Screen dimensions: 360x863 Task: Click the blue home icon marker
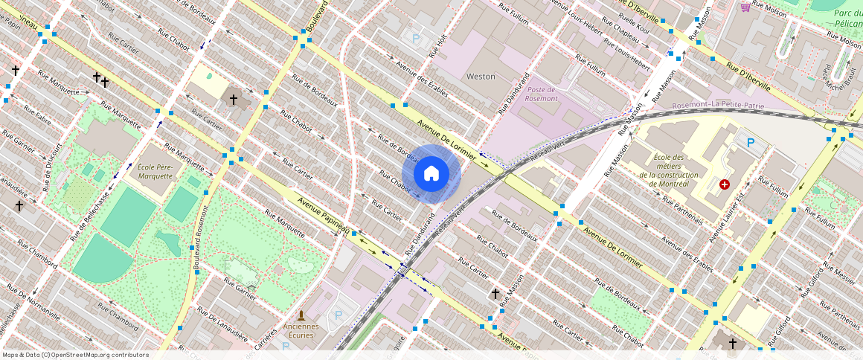(431, 174)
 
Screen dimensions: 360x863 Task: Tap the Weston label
(480, 77)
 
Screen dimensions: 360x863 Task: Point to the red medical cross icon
(725, 184)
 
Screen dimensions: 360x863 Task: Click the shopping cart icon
(745, 7)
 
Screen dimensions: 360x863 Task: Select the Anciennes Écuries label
(301, 330)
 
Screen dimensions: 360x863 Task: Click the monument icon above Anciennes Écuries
(301, 315)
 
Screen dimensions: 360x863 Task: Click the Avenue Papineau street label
(324, 216)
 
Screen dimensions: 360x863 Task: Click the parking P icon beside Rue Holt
(416, 37)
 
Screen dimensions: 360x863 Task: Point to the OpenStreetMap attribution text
(75, 355)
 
